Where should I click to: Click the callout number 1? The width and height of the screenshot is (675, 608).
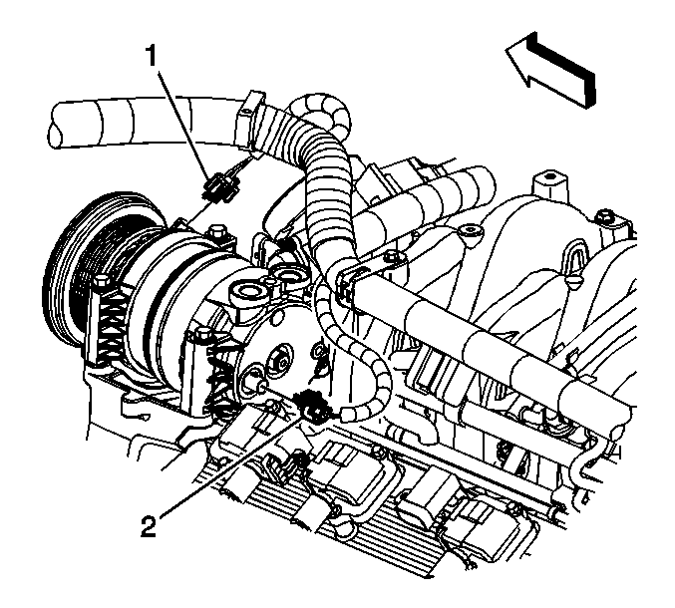point(152,56)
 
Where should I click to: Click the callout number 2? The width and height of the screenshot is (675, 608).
point(149,526)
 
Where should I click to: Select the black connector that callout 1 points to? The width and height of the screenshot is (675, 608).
point(221,187)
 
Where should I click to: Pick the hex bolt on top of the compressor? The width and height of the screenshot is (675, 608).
point(217,231)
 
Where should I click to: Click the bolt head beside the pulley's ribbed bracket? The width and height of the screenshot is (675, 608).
point(101,282)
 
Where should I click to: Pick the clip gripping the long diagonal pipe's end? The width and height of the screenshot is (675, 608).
point(349,284)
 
